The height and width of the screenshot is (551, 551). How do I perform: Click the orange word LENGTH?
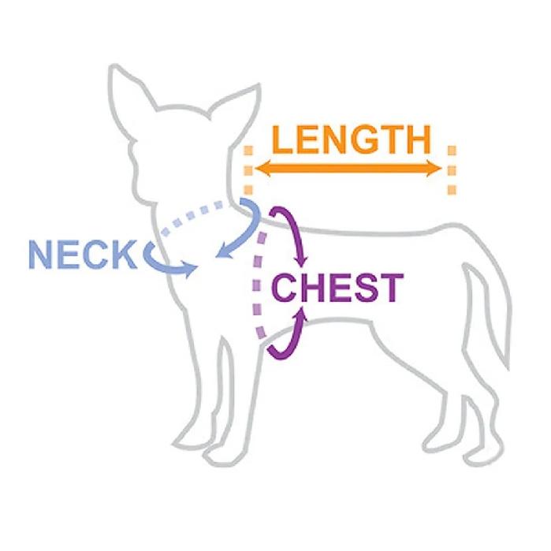(352, 140)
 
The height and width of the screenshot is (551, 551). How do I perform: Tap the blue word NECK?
(83, 255)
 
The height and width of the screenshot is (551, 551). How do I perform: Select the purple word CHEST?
(337, 288)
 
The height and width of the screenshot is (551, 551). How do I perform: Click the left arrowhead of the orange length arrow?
(262, 169)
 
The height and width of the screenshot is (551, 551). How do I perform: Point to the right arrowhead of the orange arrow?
(434, 169)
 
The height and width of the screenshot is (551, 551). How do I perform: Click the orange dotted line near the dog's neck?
(248, 170)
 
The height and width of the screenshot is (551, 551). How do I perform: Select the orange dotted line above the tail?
(452, 170)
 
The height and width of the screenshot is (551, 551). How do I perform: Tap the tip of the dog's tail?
(508, 369)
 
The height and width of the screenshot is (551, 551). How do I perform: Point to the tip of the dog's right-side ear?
(259, 84)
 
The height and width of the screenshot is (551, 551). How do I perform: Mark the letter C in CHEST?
(285, 288)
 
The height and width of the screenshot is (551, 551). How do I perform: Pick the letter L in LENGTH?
(282, 140)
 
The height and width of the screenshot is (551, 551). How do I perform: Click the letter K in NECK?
(124, 255)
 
